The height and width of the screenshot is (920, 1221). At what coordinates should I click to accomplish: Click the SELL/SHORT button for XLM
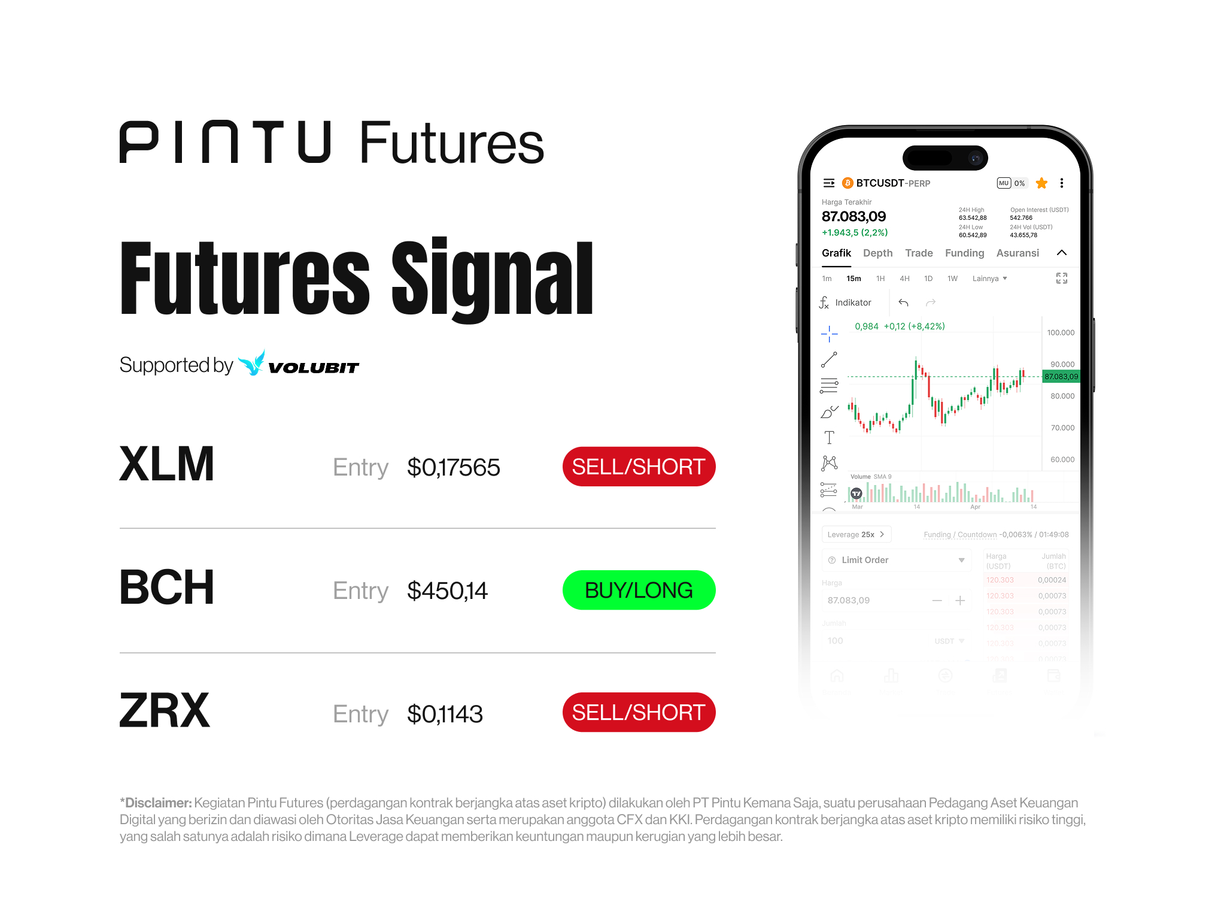639,467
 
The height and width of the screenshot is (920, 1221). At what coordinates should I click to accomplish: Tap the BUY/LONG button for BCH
639,590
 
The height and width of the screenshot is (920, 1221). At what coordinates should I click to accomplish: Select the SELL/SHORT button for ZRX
639,712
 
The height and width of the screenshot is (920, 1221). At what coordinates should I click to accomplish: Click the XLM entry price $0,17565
453,468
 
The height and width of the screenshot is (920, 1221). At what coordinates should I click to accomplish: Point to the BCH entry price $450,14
447,591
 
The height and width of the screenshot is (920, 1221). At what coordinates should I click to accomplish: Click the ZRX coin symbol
165,711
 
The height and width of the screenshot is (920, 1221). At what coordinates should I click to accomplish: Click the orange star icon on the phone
1041,183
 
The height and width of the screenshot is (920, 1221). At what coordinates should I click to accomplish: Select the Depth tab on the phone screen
877,253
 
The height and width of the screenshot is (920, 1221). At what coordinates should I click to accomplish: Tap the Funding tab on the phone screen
964,253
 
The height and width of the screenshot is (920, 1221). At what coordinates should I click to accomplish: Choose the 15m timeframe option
854,279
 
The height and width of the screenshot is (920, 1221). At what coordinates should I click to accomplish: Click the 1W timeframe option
952,279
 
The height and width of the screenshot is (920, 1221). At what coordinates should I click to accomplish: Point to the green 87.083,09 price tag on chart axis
1061,377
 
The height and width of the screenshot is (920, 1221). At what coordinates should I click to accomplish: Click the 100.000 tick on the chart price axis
1061,333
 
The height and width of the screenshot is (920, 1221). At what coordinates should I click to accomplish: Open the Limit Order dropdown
896,560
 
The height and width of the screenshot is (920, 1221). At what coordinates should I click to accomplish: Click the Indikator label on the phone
853,303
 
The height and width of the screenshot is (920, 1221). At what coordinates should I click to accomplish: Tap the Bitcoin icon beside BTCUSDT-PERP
848,183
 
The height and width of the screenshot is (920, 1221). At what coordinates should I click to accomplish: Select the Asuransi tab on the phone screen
1017,253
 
